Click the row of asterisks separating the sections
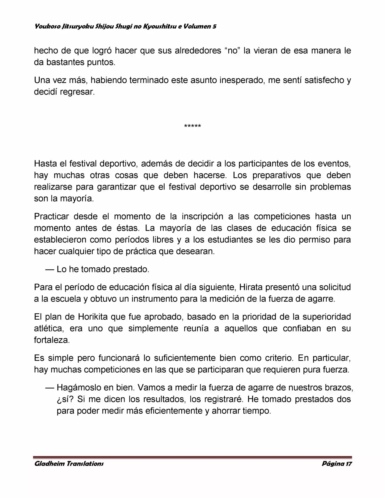point(192,126)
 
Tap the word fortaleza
point(52,340)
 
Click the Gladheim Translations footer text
point(69,463)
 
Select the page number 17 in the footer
point(348,463)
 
